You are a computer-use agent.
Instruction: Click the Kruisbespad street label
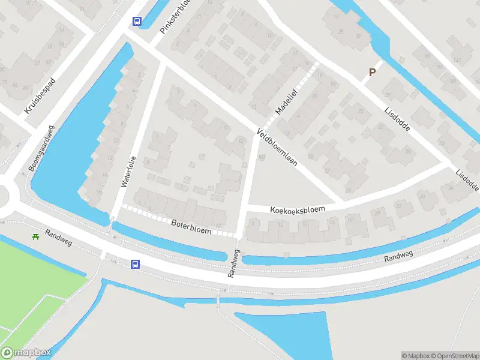click(x=40, y=95)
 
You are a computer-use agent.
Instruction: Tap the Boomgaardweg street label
click(x=41, y=148)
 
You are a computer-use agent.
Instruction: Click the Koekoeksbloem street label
click(x=298, y=209)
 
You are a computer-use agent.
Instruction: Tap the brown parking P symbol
click(x=372, y=73)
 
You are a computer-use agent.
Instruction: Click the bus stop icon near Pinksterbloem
click(x=137, y=21)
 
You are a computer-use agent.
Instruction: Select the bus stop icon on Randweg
click(x=136, y=264)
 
